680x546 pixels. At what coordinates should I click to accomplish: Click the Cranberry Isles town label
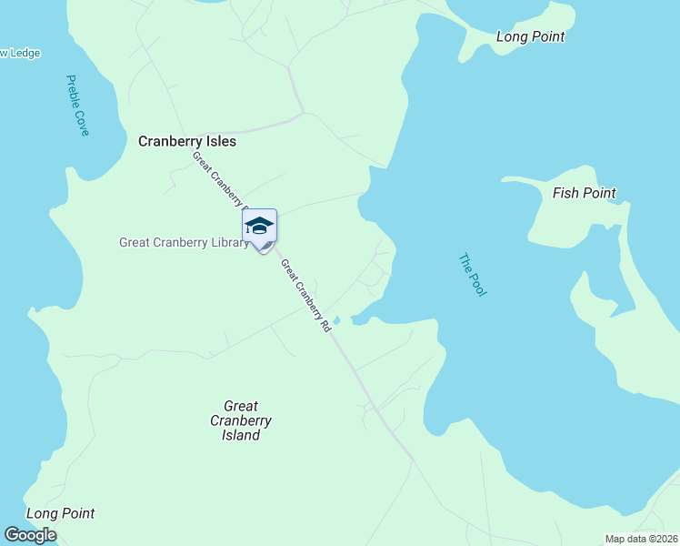[x=186, y=142]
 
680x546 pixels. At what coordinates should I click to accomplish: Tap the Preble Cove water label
[x=77, y=106]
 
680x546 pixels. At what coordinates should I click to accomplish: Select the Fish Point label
[x=584, y=193]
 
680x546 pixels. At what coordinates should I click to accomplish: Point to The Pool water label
[x=473, y=275]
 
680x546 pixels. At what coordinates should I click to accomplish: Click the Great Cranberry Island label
[x=241, y=420]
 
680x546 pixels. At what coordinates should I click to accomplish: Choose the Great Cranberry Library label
[x=184, y=243]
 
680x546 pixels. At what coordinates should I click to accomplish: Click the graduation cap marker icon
[x=259, y=226]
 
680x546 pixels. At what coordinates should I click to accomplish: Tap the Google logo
[x=30, y=535]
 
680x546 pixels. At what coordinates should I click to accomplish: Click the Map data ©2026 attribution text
[x=641, y=539]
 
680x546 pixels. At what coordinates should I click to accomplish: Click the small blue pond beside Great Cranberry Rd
[x=336, y=320]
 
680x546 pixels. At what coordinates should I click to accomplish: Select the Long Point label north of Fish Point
[x=531, y=37]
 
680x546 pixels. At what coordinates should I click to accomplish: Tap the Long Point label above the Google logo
[x=60, y=514]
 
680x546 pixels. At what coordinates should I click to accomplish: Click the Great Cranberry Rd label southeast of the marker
[x=305, y=296]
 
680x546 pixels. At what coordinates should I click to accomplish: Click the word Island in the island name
[x=241, y=435]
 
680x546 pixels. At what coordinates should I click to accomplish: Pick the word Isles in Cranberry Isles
[x=220, y=142]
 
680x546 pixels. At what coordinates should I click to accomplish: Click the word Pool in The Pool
[x=478, y=285]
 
